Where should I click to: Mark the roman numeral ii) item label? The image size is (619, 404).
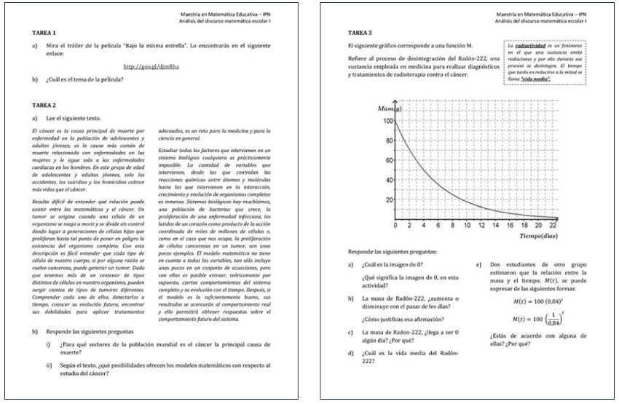tap(49, 365)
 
